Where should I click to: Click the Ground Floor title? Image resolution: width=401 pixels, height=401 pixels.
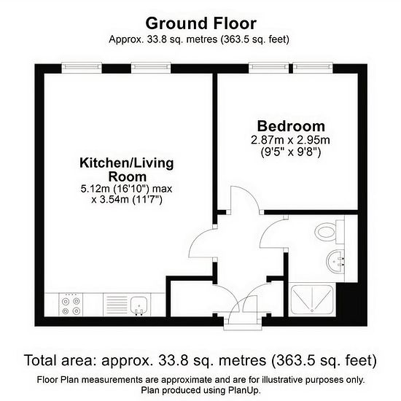(x=200, y=23)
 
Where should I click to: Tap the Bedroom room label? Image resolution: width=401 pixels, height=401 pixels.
(x=291, y=126)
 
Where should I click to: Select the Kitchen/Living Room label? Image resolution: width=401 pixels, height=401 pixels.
(x=127, y=170)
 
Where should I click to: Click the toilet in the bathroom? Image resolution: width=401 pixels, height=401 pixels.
(x=329, y=232)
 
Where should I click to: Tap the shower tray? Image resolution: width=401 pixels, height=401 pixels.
(x=312, y=300)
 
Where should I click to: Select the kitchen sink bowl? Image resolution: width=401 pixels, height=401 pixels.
(x=139, y=305)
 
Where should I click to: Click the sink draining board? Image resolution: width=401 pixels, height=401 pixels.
(x=117, y=305)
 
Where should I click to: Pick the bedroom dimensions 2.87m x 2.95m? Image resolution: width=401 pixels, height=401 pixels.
(x=290, y=141)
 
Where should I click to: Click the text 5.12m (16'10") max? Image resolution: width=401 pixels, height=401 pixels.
(x=126, y=189)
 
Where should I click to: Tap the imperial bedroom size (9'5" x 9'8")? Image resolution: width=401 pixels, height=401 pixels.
(x=290, y=152)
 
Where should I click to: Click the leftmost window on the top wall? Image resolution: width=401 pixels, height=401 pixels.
(x=82, y=68)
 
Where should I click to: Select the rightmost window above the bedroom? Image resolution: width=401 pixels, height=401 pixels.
(x=313, y=68)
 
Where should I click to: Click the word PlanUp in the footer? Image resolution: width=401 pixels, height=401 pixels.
(x=244, y=391)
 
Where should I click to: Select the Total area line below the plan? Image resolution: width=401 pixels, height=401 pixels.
(x=200, y=360)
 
